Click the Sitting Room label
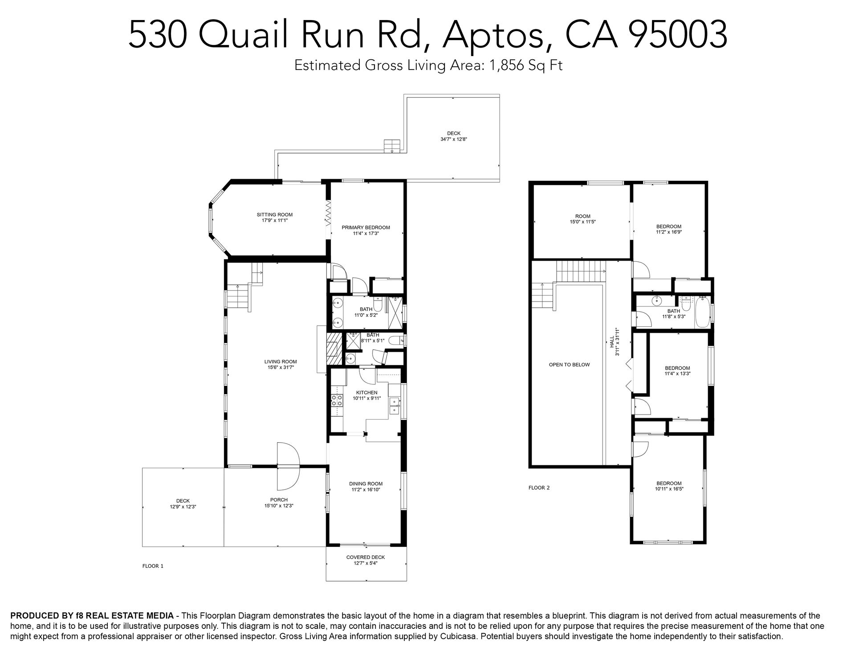coord(274,215)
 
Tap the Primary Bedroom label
coord(366,228)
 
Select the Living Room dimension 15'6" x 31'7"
coord(281,367)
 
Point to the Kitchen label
coord(366,393)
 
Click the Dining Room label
coord(366,484)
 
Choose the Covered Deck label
coord(366,557)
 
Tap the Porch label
coord(279,500)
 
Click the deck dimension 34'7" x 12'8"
coord(453,139)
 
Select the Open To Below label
coord(569,364)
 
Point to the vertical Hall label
coord(612,342)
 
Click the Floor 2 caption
coord(539,488)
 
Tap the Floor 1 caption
coord(153,566)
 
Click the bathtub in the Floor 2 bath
coord(701,311)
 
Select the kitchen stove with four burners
coord(337,400)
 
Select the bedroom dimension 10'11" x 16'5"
coord(668,489)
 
